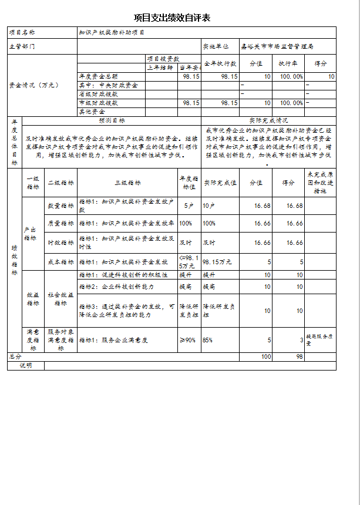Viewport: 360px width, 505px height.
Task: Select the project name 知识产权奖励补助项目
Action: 112,32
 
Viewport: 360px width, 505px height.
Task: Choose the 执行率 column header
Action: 291,63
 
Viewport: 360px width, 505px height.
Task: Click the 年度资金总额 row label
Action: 99,77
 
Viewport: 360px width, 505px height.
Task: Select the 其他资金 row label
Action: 92,111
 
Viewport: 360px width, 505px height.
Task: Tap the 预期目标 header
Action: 111,120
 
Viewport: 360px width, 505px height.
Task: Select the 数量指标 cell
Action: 60,206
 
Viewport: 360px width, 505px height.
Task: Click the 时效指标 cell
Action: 60,243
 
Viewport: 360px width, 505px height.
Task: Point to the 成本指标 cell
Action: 60,262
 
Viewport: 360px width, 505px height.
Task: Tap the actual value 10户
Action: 208,206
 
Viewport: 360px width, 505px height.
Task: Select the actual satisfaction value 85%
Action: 208,339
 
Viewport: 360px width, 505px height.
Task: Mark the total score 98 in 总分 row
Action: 299,356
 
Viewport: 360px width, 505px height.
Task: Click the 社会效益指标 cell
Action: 60,299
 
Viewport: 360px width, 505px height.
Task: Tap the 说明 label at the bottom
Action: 26,365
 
